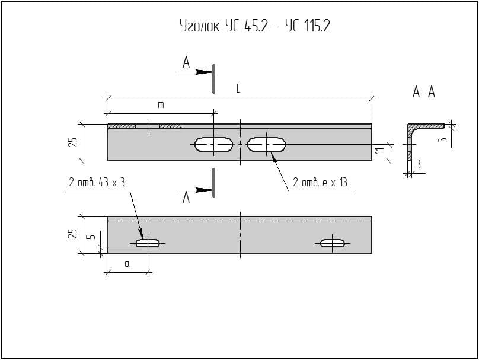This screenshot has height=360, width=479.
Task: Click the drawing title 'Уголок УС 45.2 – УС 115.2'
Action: (x=254, y=27)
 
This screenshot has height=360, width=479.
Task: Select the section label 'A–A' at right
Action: (x=423, y=92)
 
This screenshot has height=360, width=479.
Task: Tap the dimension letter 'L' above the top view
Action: (x=238, y=89)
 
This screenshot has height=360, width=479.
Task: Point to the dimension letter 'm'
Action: (x=160, y=105)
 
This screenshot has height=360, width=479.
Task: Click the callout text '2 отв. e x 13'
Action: (x=320, y=183)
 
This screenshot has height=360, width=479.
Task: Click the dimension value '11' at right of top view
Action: (x=379, y=152)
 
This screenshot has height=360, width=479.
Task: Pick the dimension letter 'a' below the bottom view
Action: (x=127, y=264)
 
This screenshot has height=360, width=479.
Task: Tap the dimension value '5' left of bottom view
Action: (x=90, y=237)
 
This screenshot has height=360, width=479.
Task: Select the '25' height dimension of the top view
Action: (x=72, y=142)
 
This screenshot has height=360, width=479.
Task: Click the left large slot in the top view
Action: (x=213, y=144)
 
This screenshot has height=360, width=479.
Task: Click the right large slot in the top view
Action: (x=267, y=144)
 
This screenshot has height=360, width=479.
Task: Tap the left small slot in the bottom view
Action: (x=148, y=243)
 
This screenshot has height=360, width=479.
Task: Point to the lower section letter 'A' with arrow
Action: (x=186, y=198)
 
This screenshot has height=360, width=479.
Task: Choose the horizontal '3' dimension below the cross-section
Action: (x=418, y=165)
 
